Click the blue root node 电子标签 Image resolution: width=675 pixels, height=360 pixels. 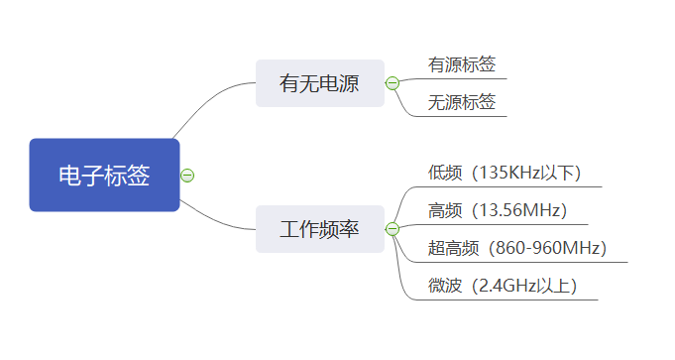(104, 176)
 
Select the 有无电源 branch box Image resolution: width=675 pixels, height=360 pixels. (319, 83)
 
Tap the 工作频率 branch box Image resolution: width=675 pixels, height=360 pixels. (319, 229)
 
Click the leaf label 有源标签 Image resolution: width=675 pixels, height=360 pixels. (461, 65)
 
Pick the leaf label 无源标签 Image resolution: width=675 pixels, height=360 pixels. (461, 102)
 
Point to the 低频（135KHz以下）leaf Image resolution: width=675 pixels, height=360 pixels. (505, 173)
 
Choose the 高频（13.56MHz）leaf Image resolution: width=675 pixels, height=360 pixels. (498, 210)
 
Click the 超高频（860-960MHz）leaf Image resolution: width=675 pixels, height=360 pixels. (517, 248)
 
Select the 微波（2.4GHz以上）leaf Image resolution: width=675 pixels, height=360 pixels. (503, 286)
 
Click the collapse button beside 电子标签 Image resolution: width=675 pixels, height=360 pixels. (187, 176)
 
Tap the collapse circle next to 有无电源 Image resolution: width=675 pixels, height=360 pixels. (393, 83)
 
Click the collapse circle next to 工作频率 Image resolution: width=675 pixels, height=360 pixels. (393, 229)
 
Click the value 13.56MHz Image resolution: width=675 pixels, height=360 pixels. (521, 210)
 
